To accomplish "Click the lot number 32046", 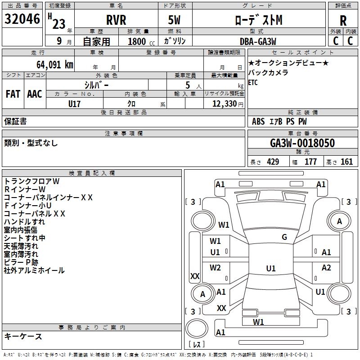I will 22,19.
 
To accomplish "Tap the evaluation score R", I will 343,20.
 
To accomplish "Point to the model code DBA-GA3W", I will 259,41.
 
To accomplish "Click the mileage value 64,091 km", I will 49,64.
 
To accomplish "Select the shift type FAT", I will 13,94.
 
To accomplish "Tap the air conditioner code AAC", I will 35,94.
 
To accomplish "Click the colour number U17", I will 74,103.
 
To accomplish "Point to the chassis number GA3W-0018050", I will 302,143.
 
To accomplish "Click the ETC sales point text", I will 253,82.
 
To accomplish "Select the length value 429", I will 273,162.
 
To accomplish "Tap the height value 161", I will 346,162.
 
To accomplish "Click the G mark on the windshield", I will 284,237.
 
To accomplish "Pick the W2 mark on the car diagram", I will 215,268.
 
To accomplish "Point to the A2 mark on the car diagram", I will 326,268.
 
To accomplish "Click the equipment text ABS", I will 258,121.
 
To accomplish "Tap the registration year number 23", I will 58,24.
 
